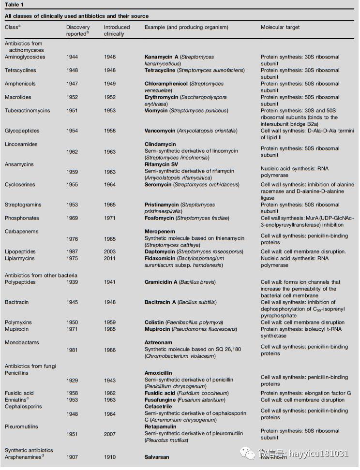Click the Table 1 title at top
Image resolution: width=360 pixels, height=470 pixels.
(x=14, y=4)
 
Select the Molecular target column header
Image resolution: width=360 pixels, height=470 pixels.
(x=280, y=28)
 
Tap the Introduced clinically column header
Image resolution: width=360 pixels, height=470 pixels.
(x=117, y=30)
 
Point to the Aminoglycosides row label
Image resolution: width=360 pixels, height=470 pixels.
(x=25, y=57)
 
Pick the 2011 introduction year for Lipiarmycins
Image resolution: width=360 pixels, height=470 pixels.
(x=110, y=259)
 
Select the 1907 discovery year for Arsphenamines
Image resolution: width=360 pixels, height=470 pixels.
(x=72, y=457)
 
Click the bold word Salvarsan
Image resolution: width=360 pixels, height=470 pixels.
(x=157, y=457)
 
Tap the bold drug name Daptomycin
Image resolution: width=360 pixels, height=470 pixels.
(x=161, y=252)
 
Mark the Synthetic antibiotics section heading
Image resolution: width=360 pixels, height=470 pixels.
(x=29, y=450)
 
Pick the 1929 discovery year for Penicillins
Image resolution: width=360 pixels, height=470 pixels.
(x=72, y=381)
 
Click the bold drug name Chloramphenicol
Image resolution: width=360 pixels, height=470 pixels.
(x=166, y=84)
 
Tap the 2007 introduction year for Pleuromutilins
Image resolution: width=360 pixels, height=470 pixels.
(x=110, y=434)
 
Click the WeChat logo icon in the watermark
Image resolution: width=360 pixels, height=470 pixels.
(x=248, y=453)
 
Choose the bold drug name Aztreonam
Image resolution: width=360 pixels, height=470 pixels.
(x=159, y=343)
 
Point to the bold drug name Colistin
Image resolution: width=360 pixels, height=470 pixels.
(x=154, y=323)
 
